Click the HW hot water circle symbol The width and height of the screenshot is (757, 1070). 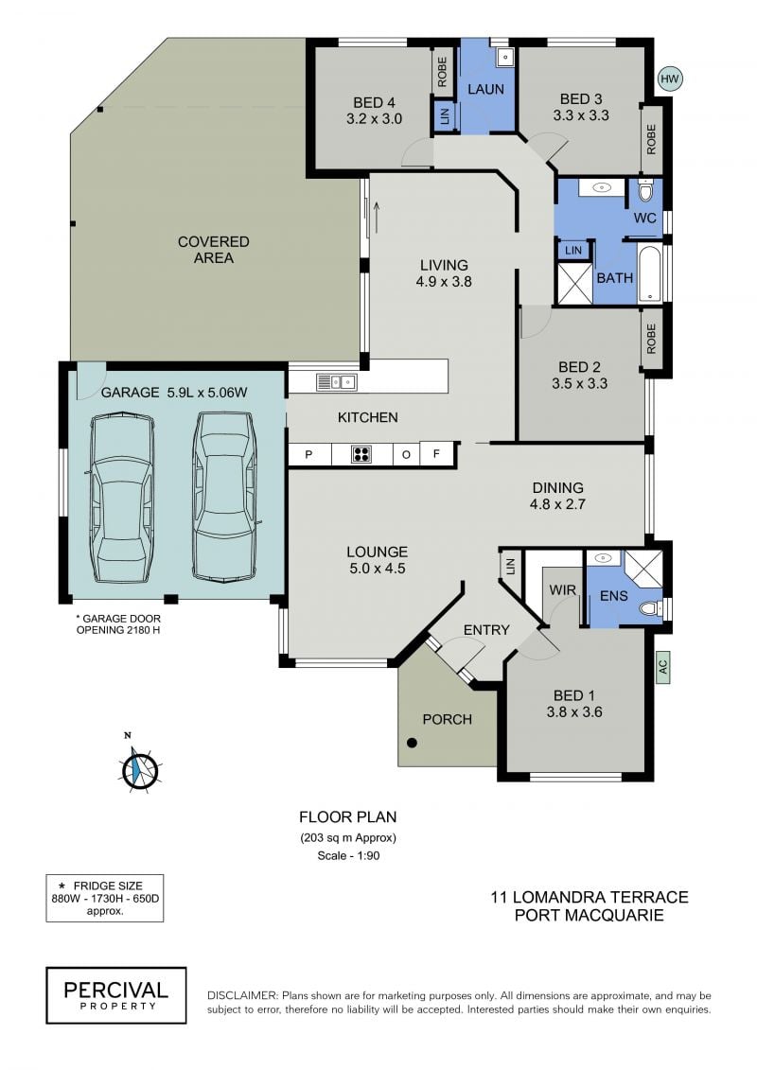[x=670, y=79]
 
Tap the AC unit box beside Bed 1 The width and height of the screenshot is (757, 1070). [x=662, y=667]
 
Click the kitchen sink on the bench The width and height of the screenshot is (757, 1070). [x=337, y=382]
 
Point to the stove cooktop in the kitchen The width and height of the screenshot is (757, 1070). [x=361, y=454]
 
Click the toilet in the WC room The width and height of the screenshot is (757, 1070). [x=645, y=190]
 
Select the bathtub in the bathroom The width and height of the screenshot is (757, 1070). [x=650, y=273]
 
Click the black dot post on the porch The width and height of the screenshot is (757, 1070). [x=412, y=743]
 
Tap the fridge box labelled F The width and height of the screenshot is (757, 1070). [x=437, y=454]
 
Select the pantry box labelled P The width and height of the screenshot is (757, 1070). [x=309, y=454]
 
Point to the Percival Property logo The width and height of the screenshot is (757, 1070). [x=116, y=995]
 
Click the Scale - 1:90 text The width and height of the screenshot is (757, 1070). [x=348, y=855]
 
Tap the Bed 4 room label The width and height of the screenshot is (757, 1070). [x=374, y=111]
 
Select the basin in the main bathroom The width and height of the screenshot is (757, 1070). [x=602, y=187]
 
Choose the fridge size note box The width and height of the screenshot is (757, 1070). [x=104, y=898]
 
